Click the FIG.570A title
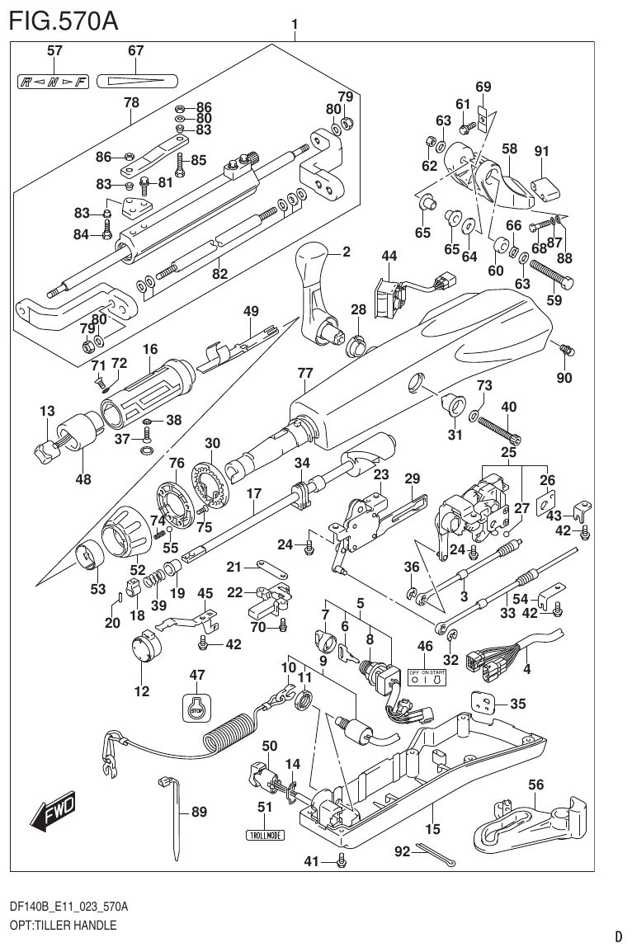click(63, 20)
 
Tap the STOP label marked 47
click(196, 708)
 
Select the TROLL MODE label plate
click(264, 835)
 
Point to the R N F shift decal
click(53, 82)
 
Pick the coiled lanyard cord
click(231, 730)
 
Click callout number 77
click(304, 374)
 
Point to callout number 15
click(432, 828)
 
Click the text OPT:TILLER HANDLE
click(63, 926)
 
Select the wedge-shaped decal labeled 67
click(136, 82)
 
